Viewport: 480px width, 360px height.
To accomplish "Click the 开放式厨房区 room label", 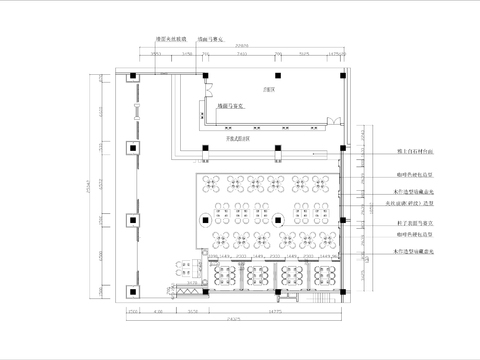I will pos(237,141).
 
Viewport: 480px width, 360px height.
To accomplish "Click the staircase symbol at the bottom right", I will pos(320,291).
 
